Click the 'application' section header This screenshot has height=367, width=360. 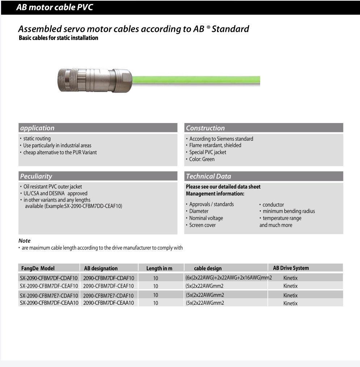pyautogui.click(x=37, y=128)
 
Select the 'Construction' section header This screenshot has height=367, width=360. pyautogui.click(x=205, y=128)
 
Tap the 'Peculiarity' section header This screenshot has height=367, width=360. pyautogui.click(x=36, y=176)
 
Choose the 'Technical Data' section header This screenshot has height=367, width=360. pyautogui.click(x=208, y=176)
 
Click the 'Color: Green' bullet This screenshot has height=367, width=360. pyautogui.click(x=202, y=159)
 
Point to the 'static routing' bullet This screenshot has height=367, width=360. pyautogui.click(x=37, y=139)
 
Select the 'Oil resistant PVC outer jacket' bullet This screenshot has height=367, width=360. pyautogui.click(x=52, y=187)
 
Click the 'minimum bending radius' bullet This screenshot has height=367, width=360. pyautogui.click(x=289, y=211)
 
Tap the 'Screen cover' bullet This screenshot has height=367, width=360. pyautogui.click(x=202, y=225)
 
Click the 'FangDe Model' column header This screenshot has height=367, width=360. pyautogui.click(x=38, y=268)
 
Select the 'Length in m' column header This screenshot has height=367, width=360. pyautogui.click(x=159, y=268)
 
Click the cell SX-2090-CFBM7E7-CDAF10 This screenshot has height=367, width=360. pyautogui.click(x=49, y=295)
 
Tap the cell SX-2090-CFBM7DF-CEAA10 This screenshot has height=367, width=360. pyautogui.click(x=49, y=303)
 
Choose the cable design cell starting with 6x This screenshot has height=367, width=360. pyautogui.click(x=228, y=278)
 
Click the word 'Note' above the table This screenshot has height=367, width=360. pyautogui.click(x=25, y=241)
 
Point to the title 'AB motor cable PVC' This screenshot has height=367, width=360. pyautogui.click(x=54, y=7)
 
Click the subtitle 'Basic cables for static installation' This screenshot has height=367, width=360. pyautogui.click(x=58, y=38)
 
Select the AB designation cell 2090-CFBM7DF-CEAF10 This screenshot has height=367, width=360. pyautogui.click(x=109, y=286)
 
